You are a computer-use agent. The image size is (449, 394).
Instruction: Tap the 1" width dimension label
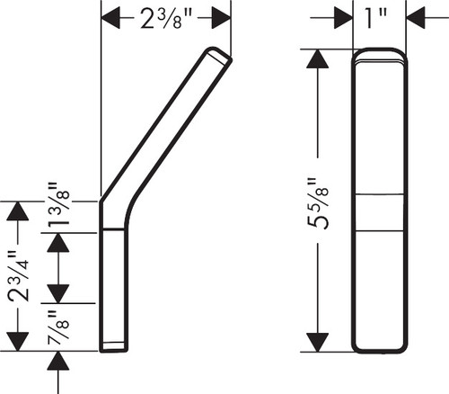(x=376, y=18)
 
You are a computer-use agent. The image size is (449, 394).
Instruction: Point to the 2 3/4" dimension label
(x=19, y=276)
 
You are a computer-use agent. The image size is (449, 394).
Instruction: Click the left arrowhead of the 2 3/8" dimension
(x=110, y=18)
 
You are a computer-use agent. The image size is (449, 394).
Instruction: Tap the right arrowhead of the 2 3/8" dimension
(x=221, y=18)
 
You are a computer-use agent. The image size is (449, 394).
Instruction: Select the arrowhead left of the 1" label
(x=343, y=18)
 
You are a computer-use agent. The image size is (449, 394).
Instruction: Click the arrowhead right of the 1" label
(x=416, y=18)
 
